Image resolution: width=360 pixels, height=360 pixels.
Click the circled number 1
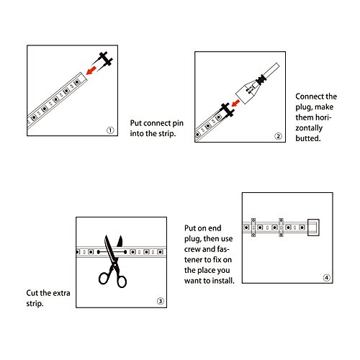coord(110,130)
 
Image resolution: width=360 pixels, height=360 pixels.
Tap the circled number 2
coord(278,136)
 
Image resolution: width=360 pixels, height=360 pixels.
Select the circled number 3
coord(161,301)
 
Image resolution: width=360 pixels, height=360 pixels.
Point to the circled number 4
coord(327,278)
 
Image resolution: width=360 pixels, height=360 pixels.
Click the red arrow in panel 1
coord(91,71)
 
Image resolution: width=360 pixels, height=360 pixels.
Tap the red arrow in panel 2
coord(236,103)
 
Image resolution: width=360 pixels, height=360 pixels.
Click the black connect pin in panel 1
coord(104,60)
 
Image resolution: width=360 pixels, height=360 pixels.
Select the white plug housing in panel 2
coord(248,92)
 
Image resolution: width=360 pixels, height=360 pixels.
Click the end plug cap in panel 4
coord(313,228)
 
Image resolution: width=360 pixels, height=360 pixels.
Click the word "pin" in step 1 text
coord(178,123)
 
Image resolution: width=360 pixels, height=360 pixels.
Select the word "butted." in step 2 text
coord(308,138)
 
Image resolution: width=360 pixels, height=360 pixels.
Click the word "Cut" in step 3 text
coord(32,293)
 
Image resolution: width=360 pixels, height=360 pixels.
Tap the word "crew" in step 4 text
coord(192,249)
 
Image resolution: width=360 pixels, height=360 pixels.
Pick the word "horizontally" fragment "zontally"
coord(309,128)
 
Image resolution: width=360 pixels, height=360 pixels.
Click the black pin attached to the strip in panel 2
coord(227,111)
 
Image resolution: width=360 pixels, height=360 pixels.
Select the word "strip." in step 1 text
coord(166,134)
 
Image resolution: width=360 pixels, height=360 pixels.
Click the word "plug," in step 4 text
coord(193,239)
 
